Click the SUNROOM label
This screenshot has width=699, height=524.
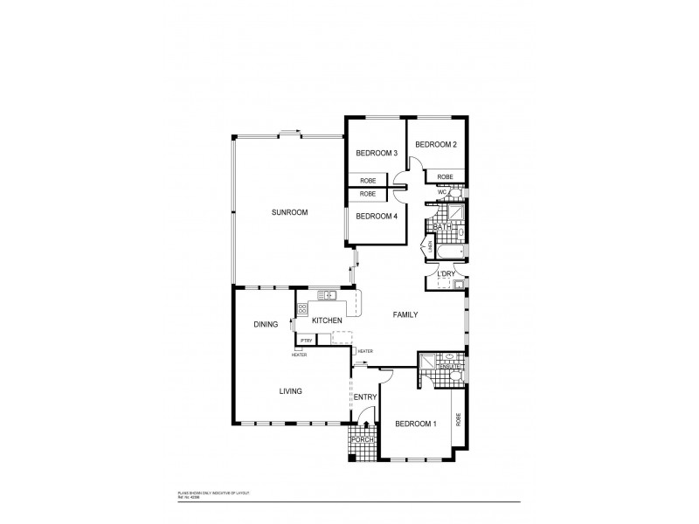click(x=289, y=212)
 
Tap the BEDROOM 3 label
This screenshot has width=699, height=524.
click(x=377, y=154)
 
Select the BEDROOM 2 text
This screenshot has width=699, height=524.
click(x=436, y=144)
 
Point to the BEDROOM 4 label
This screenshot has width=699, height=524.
click(x=377, y=217)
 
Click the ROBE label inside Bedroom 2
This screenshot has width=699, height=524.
click(x=446, y=177)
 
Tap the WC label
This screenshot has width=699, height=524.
click(x=431, y=192)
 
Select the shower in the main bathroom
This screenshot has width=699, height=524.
click(x=454, y=214)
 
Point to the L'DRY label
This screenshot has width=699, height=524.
click(x=446, y=274)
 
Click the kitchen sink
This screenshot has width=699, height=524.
click(x=326, y=295)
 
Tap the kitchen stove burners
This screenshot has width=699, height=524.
click(x=302, y=308)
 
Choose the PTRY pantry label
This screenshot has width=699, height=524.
click(x=307, y=340)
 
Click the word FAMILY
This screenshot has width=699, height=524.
click(x=405, y=314)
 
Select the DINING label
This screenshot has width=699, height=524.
click(x=266, y=324)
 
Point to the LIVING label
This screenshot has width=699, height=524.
click(x=290, y=391)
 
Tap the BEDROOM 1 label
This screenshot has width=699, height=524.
click(x=415, y=424)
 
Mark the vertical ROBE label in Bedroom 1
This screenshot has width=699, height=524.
click(x=457, y=421)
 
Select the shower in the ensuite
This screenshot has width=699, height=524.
click(x=428, y=362)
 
